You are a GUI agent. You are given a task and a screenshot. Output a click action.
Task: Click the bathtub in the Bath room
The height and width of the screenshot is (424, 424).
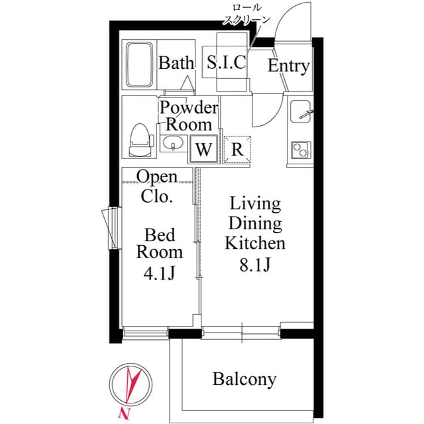(x=139, y=66)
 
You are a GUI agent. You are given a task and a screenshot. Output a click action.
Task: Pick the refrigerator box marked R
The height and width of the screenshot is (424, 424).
(x=237, y=149)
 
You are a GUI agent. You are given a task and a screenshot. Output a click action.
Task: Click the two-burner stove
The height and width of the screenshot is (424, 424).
(x=300, y=150)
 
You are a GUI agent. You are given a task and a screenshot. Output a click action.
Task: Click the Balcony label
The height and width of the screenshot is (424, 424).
(x=244, y=380)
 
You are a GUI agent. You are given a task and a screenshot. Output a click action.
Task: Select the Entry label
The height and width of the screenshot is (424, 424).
(x=288, y=66)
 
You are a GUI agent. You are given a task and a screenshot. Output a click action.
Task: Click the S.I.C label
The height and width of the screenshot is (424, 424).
(x=226, y=64)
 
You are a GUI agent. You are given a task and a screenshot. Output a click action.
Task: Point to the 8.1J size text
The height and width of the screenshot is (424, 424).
(x=254, y=265)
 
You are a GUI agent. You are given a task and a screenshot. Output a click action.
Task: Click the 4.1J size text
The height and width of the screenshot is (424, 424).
(x=159, y=273)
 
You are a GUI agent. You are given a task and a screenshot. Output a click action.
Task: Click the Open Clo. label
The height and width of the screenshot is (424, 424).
(x=157, y=187)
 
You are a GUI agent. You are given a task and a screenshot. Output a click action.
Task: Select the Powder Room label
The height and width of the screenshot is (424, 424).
(x=188, y=116)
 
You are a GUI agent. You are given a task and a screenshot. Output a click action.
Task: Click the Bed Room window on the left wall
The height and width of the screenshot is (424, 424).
(x=110, y=228)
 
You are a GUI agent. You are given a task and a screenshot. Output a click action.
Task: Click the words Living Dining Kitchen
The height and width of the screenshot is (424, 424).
(x=255, y=223)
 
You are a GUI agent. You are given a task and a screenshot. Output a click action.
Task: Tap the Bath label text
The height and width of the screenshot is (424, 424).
(x=176, y=64)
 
